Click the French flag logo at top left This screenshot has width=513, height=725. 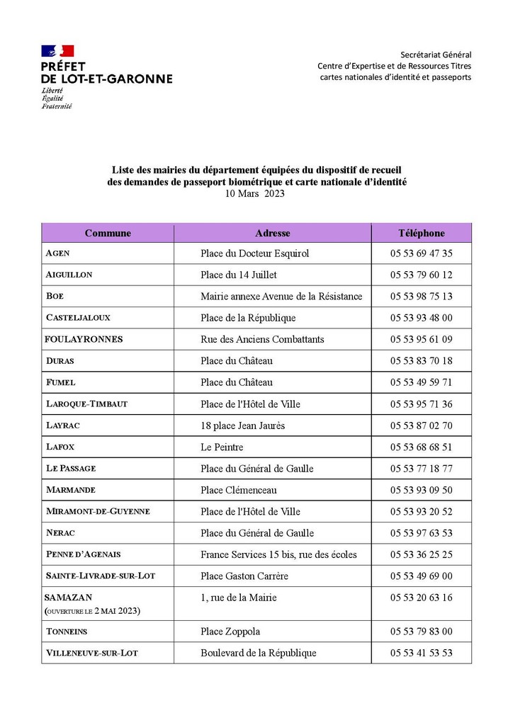pos(57,51)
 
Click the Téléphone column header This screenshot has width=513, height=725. pos(421,233)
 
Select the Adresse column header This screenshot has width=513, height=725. pos(272,233)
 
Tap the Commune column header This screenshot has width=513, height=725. pos(108,233)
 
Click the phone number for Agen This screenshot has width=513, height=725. pos(421,253)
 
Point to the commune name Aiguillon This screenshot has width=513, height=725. pos(69,275)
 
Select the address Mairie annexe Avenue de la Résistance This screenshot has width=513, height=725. pos(281,297)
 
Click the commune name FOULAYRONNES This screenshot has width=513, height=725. pos(84,339)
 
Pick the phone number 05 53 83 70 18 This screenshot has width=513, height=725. pos(421,361)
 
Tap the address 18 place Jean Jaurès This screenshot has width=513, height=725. pos(243,426)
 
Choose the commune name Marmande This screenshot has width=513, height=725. pos(70,490)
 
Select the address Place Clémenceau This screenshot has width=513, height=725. pos(239,490)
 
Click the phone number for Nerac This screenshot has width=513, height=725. pos(421,533)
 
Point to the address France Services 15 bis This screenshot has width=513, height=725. pos(278,554)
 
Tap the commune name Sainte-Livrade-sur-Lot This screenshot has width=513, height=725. pos(100,576)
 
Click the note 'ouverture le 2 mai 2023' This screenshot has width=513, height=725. pos(92,610)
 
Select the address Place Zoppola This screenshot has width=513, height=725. pos(230,632)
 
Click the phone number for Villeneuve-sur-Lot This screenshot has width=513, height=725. pos(421,653)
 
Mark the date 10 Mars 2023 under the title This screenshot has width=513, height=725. pos(254,193)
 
